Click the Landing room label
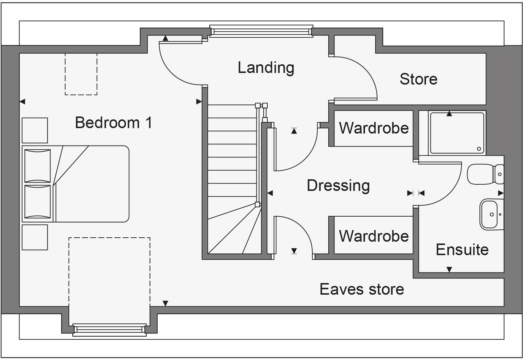click(x=266, y=68)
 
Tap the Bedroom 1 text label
click(x=113, y=123)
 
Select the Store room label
click(x=418, y=79)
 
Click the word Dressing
click(x=338, y=185)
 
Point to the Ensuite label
click(x=462, y=250)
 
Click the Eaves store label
click(x=362, y=289)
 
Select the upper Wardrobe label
click(x=374, y=128)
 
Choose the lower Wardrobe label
click(x=374, y=236)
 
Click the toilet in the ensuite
click(x=485, y=174)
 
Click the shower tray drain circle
click(x=479, y=149)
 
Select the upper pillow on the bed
click(x=37, y=165)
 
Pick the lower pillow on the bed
click(x=37, y=202)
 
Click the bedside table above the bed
click(x=35, y=130)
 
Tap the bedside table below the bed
click(x=35, y=237)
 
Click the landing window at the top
click(x=261, y=32)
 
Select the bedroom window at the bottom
click(x=109, y=329)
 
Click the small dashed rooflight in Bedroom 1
click(x=81, y=74)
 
